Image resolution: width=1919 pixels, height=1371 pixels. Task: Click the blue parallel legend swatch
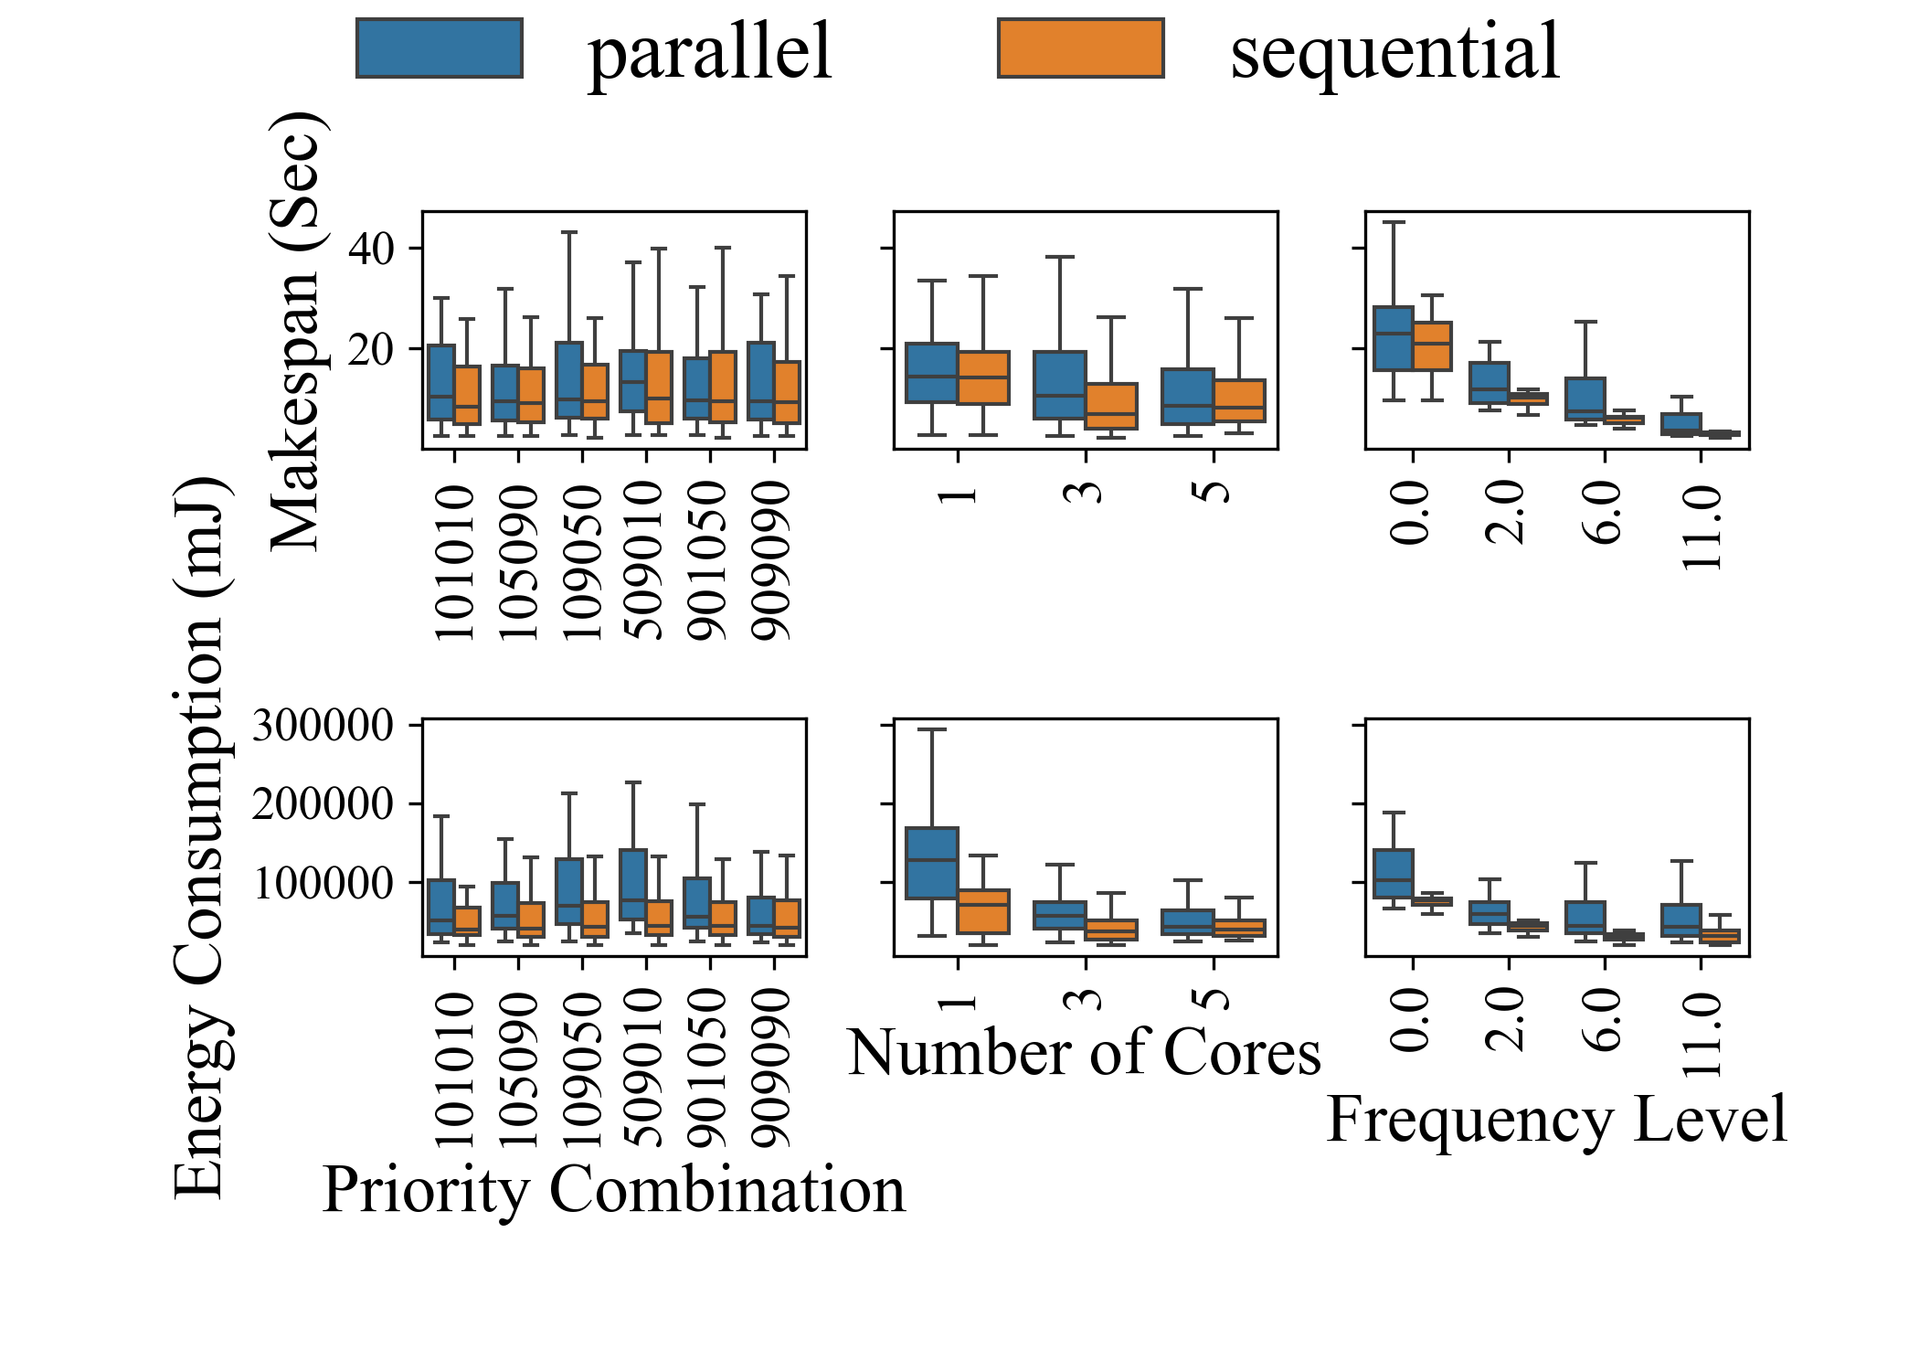tap(439, 48)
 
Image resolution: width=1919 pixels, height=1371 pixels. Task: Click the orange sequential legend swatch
tap(1080, 48)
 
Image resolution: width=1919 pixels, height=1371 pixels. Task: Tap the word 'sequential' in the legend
tap(1394, 52)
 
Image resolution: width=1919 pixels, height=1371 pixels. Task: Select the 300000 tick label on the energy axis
tap(323, 726)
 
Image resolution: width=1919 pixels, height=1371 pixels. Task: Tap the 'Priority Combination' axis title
tap(613, 1190)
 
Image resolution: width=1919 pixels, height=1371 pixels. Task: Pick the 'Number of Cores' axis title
tap(1084, 1052)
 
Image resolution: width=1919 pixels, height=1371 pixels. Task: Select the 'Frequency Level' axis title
tap(1556, 1119)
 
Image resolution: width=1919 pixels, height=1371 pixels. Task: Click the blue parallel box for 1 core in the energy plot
tap(931, 863)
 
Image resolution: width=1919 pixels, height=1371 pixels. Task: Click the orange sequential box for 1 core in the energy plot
tap(983, 911)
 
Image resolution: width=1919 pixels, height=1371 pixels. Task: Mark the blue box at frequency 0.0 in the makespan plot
tap(1393, 338)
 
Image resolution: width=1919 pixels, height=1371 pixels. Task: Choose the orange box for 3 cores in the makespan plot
tap(1111, 406)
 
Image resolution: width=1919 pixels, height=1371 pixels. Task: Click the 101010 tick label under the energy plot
tap(454, 1069)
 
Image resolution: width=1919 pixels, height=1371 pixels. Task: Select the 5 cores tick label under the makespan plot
tap(1214, 491)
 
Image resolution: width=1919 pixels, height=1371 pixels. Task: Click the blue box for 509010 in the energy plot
tap(633, 885)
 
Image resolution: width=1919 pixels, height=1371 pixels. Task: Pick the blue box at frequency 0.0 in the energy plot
tap(1393, 874)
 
